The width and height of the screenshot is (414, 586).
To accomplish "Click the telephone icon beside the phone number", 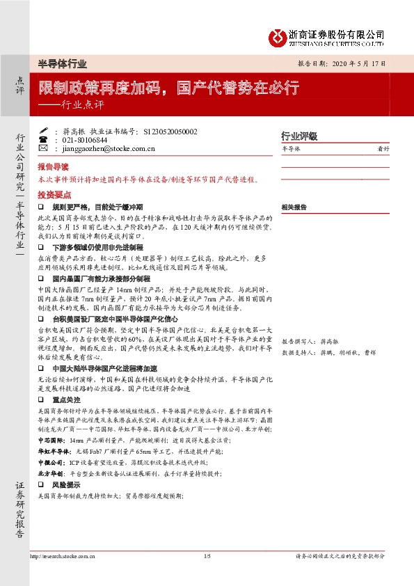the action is (43, 139).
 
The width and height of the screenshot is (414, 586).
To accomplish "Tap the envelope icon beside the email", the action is (43, 148).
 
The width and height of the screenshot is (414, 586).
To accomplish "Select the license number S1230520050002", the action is (170, 131).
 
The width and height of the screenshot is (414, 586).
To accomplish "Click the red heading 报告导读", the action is (54, 168).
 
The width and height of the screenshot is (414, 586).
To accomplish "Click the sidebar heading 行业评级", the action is (298, 136).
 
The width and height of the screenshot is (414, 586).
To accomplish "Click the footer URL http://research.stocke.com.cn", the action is (65, 556).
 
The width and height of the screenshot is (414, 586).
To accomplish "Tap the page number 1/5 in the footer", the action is (207, 556).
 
